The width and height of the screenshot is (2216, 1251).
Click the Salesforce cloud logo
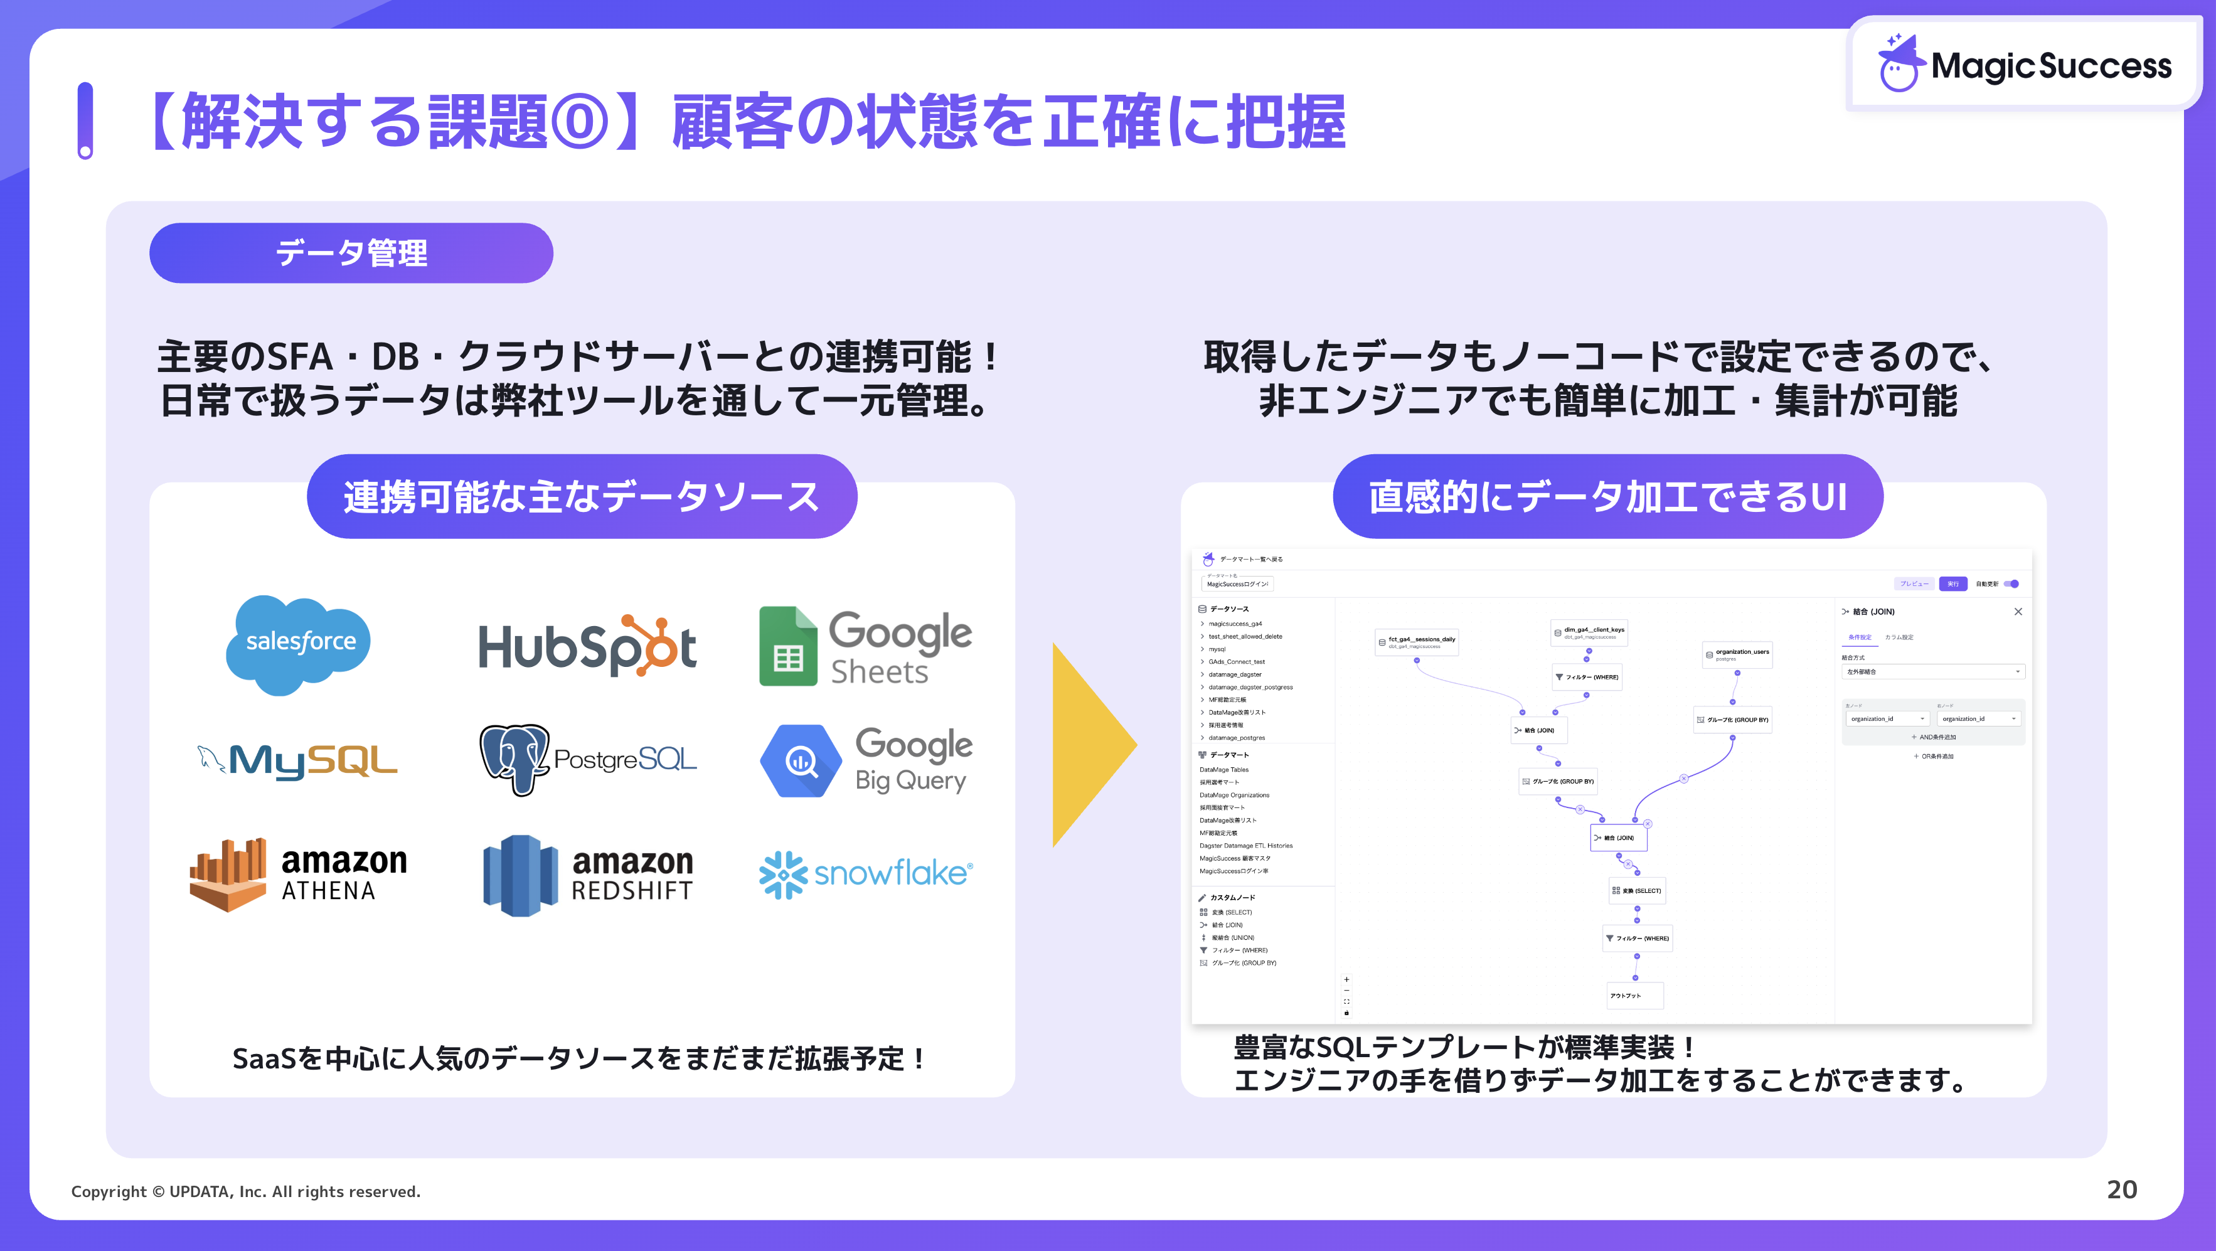coord(299,644)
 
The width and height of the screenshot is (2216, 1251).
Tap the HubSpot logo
coord(587,646)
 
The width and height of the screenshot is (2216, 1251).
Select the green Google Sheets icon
coord(787,646)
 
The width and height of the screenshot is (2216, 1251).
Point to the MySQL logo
coord(297,760)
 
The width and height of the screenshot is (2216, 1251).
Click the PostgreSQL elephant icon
coord(514,759)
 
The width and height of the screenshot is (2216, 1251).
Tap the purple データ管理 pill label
coord(351,253)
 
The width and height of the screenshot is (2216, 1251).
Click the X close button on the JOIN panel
coord(2018,612)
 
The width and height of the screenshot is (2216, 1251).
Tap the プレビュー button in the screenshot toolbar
coord(1914,583)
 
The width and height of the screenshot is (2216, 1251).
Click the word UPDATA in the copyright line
coord(200,1191)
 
